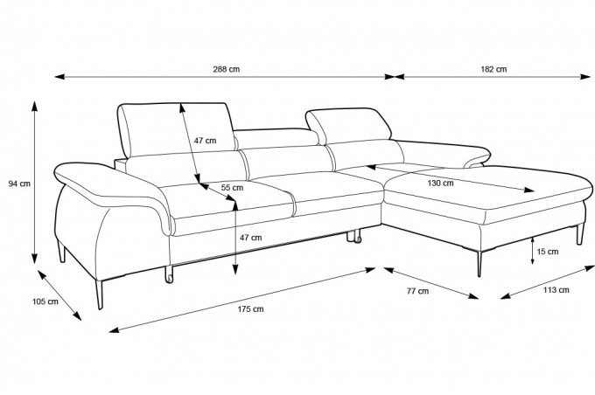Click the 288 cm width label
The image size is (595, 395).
click(x=226, y=69)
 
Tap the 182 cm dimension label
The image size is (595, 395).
click(x=493, y=69)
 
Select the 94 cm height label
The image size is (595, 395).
click(x=19, y=184)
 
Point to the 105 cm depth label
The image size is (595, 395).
click(x=45, y=301)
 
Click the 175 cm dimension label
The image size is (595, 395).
click(x=250, y=309)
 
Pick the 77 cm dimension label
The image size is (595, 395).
click(x=417, y=291)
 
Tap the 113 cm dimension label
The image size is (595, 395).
click(x=556, y=290)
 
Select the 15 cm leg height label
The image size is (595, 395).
click(x=548, y=252)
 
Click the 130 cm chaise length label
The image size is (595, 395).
click(x=440, y=184)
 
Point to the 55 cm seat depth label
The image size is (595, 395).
click(x=232, y=188)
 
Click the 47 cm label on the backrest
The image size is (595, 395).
click(x=205, y=141)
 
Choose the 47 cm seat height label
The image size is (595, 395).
click(x=250, y=238)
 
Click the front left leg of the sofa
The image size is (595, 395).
click(x=99, y=295)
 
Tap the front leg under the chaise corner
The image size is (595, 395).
click(x=479, y=264)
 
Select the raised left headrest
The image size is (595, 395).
click(x=177, y=128)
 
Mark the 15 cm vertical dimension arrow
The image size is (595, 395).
click(x=532, y=251)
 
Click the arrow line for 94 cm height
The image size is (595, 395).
click(x=34, y=183)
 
